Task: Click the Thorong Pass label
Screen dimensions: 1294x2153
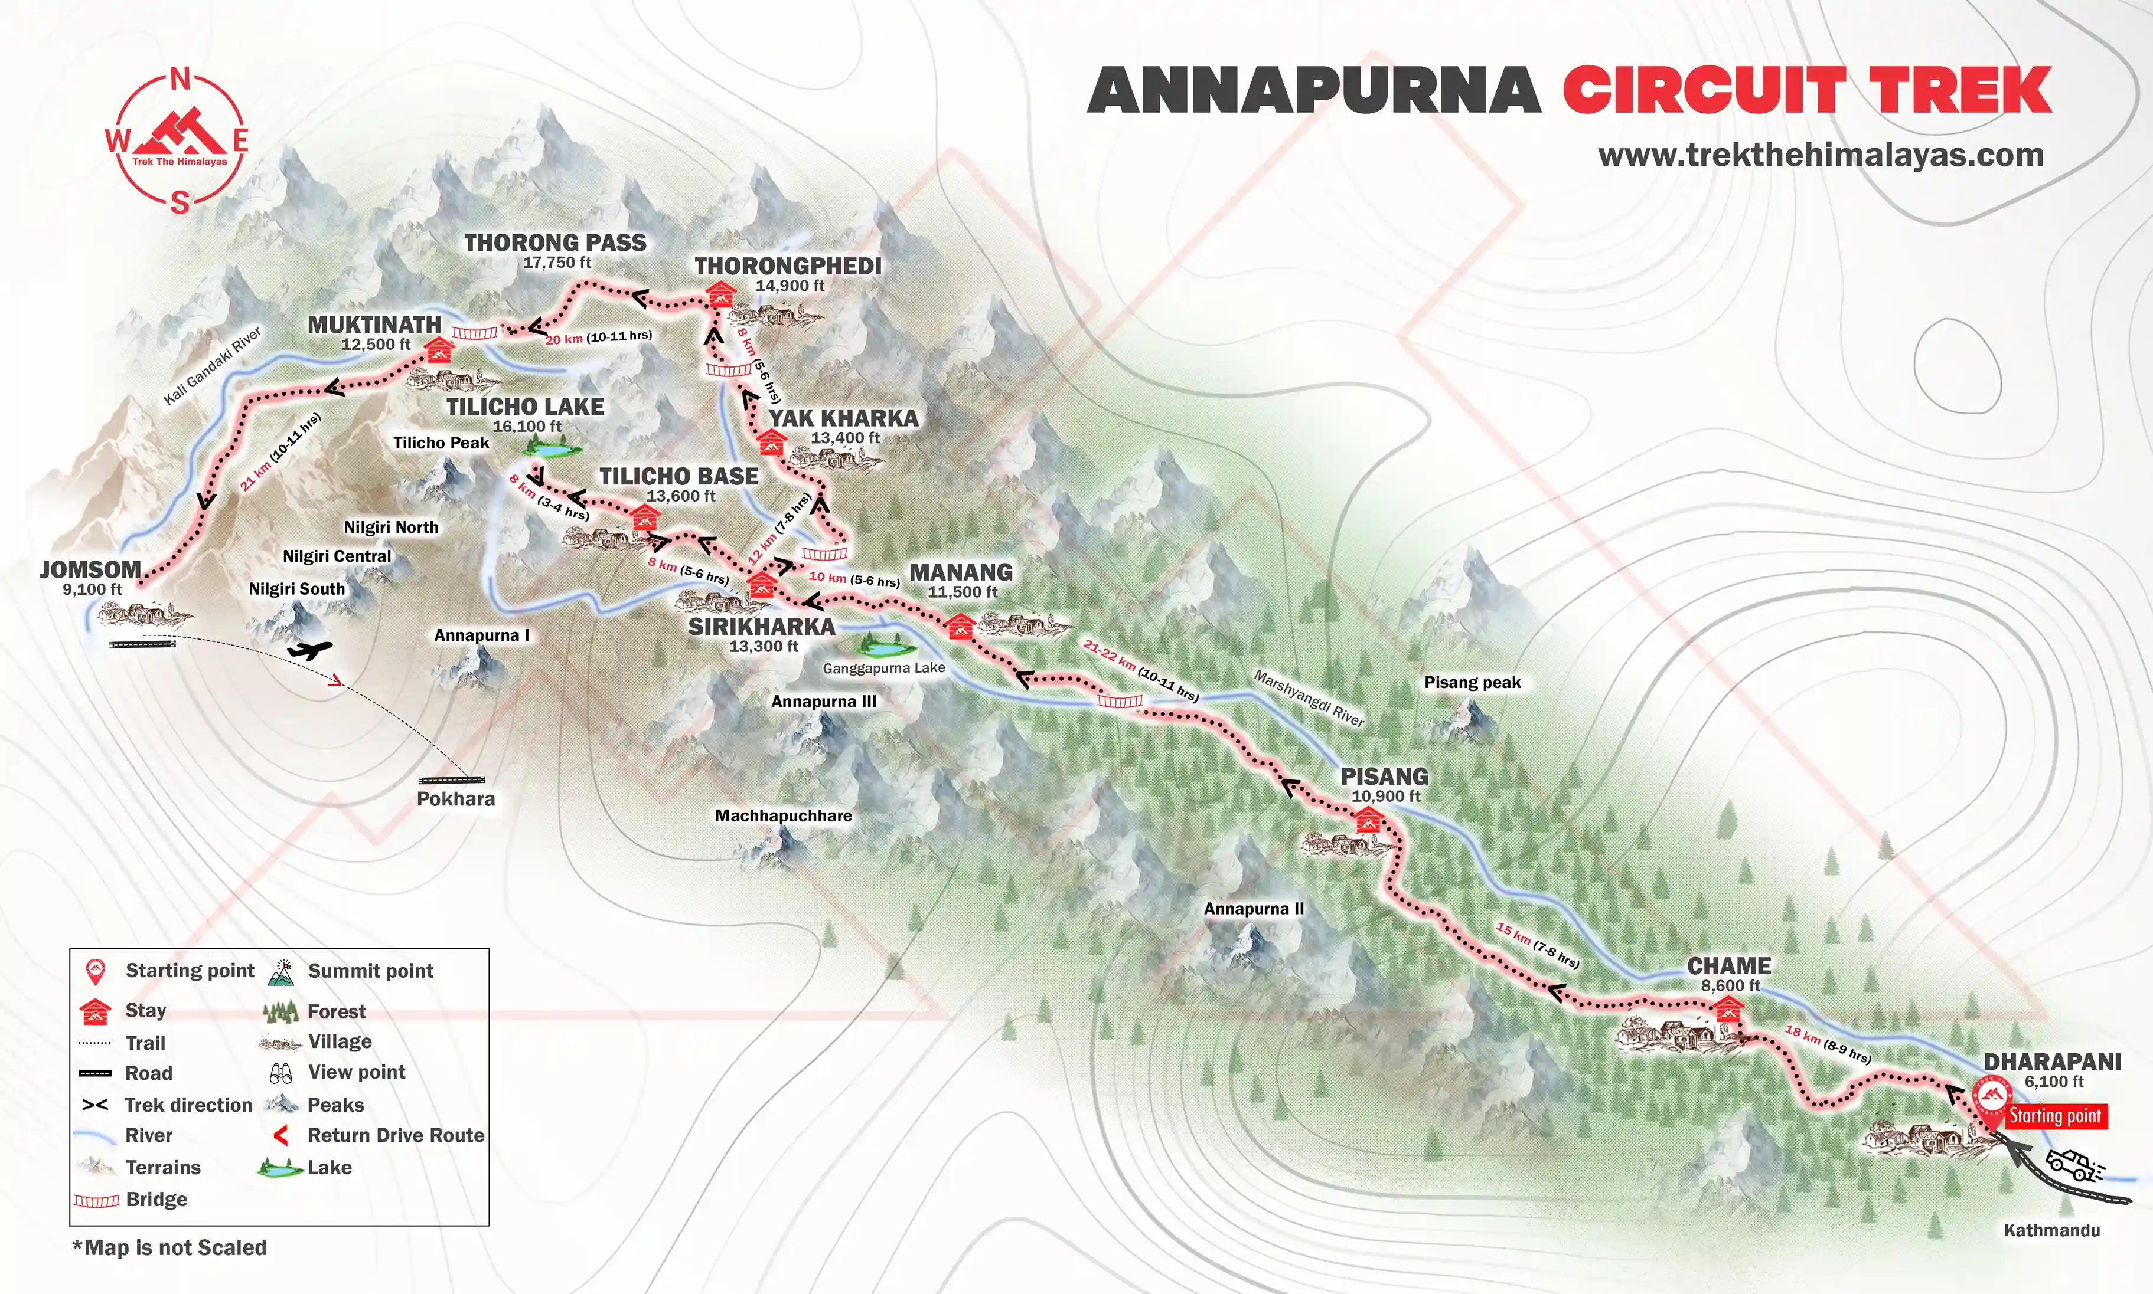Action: pyautogui.click(x=555, y=243)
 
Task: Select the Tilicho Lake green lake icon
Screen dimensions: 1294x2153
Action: pyautogui.click(x=553, y=450)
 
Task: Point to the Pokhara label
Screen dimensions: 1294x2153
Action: pyautogui.click(x=455, y=799)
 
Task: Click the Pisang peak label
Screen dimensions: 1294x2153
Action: pyautogui.click(x=1472, y=683)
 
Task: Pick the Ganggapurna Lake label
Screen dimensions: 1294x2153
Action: pyautogui.click(x=884, y=668)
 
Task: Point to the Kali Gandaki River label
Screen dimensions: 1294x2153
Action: pyautogui.click(x=212, y=367)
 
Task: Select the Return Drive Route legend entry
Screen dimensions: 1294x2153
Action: pyautogui.click(x=395, y=1135)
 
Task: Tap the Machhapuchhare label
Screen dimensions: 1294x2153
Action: pyautogui.click(x=784, y=815)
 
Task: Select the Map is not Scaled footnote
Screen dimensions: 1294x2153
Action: pyautogui.click(x=169, y=1248)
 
